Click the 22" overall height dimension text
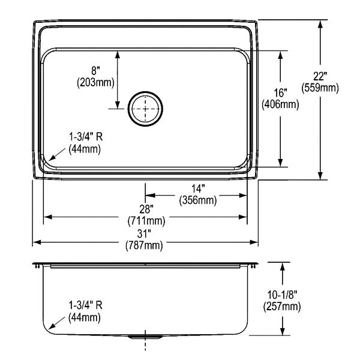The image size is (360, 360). click(320, 76)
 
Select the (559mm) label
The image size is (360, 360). click(320, 88)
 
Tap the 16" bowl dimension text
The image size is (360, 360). click(280, 93)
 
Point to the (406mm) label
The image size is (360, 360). click(280, 104)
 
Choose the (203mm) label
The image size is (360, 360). click(95, 82)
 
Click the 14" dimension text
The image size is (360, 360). click(198, 189)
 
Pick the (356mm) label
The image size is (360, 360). click(198, 200)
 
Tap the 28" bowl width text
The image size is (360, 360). click(146, 209)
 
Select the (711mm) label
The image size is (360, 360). click(146, 221)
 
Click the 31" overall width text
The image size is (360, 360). click(144, 234)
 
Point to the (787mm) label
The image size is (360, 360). click(144, 245)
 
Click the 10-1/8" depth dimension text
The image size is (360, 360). click(282, 295)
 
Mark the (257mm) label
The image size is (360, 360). click(282, 307)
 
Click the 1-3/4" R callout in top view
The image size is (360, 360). click(86, 137)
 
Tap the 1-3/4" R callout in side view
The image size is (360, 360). click(85, 305)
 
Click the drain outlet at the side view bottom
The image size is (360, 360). click(145, 337)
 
